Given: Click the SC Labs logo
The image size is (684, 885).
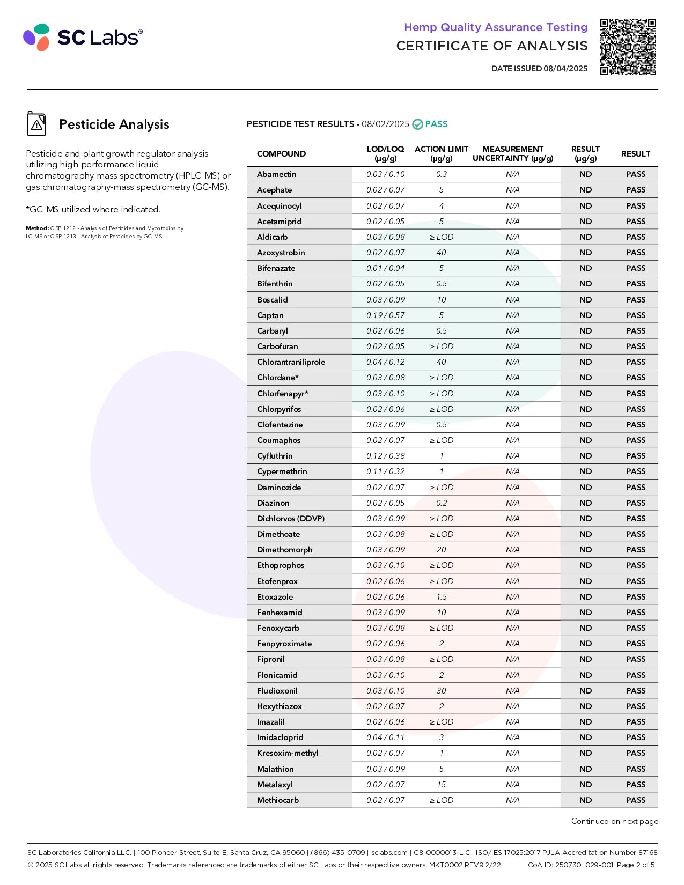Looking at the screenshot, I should click(x=83, y=37).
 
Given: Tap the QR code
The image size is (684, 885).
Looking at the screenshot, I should click(x=628, y=47).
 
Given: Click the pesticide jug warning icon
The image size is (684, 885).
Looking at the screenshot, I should click(x=36, y=124).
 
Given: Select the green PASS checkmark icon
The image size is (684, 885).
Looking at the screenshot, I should click(x=417, y=124).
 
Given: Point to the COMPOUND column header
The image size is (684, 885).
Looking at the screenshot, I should click(x=281, y=154).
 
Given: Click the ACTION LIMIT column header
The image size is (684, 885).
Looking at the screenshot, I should click(x=441, y=153).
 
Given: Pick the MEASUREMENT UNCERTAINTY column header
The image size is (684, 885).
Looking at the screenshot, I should click(x=512, y=153).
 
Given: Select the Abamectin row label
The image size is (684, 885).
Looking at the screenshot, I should click(x=276, y=174).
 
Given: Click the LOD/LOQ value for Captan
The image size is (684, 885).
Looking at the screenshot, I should click(x=385, y=315).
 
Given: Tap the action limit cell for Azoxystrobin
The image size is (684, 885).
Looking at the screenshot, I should click(x=441, y=253).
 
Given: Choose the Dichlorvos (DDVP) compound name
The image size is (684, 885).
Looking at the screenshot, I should click(x=290, y=519).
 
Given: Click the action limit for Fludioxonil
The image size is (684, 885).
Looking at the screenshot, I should click(x=441, y=691).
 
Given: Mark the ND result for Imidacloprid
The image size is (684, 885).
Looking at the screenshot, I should click(x=585, y=737).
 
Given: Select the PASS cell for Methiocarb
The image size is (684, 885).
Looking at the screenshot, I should click(x=635, y=800).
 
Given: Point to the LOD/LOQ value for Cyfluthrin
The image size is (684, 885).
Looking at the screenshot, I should click(x=385, y=456).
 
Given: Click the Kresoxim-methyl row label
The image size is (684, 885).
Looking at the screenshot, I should click(x=288, y=753).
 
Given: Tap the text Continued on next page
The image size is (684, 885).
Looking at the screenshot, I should click(x=614, y=821).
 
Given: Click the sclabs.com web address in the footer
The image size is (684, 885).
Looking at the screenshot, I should click(x=389, y=852).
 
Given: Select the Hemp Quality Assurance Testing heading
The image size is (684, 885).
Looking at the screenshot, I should click(x=496, y=27).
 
